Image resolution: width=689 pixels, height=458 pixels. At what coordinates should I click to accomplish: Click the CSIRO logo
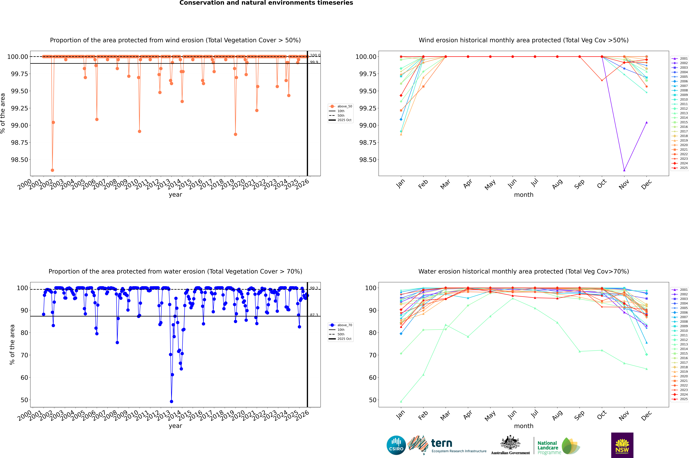tap(396, 445)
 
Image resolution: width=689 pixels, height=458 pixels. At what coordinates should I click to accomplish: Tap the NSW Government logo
tap(622, 445)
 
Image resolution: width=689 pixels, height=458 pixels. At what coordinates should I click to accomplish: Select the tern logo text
tap(442, 443)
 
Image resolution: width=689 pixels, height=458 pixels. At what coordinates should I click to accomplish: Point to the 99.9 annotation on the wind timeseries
tap(314, 62)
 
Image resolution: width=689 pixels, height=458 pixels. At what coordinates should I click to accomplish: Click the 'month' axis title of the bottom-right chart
tap(523, 426)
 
